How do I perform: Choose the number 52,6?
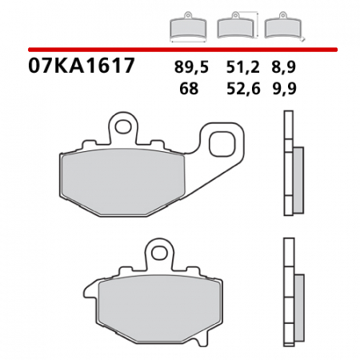click(241, 89)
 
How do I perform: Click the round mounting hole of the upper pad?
click(122, 125)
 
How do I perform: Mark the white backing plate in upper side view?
click(287, 164)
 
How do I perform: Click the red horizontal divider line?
click(180, 48)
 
